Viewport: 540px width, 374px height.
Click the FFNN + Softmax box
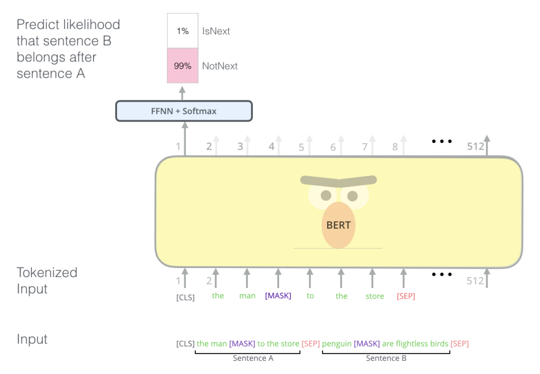coord(184,111)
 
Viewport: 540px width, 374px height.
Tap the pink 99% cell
coord(183,66)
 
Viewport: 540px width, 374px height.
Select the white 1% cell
coord(183,31)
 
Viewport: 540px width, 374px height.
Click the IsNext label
coord(216,31)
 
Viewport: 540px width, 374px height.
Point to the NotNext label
coord(220,66)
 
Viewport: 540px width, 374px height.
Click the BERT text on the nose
coord(338,225)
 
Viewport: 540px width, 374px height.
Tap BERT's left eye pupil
coord(326,196)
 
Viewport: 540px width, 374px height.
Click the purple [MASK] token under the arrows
coord(278,296)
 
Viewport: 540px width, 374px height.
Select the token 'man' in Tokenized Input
coord(247,296)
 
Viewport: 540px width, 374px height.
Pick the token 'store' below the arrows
coord(374,296)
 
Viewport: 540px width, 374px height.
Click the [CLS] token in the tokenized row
coord(186,297)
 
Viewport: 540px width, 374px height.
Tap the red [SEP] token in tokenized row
coord(406,296)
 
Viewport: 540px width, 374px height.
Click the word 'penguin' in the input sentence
coord(337,344)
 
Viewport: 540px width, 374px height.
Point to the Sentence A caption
coord(253,358)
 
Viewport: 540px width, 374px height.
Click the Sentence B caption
coord(386,358)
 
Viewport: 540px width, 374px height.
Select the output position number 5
coord(301,147)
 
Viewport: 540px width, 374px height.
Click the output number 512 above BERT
coord(475,147)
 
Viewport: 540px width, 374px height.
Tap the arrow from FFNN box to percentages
coord(182,93)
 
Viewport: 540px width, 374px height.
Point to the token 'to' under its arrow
coord(311,296)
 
